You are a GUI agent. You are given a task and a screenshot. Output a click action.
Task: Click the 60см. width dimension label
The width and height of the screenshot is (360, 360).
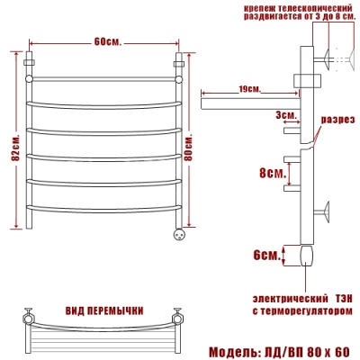(x=108, y=42)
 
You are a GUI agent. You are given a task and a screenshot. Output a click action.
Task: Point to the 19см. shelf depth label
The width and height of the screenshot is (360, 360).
(x=250, y=89)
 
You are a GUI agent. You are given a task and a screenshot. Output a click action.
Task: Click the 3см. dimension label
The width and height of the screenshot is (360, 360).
(x=286, y=114)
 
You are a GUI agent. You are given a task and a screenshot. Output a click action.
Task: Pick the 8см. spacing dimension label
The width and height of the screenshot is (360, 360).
(x=273, y=174)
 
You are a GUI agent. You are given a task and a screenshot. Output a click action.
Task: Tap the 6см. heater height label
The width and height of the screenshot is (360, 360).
(x=266, y=256)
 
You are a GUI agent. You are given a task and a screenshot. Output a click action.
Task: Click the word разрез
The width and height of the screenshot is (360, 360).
(x=338, y=121)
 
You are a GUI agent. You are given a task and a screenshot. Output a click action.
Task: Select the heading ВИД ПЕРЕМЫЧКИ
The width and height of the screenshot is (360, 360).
(x=104, y=311)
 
